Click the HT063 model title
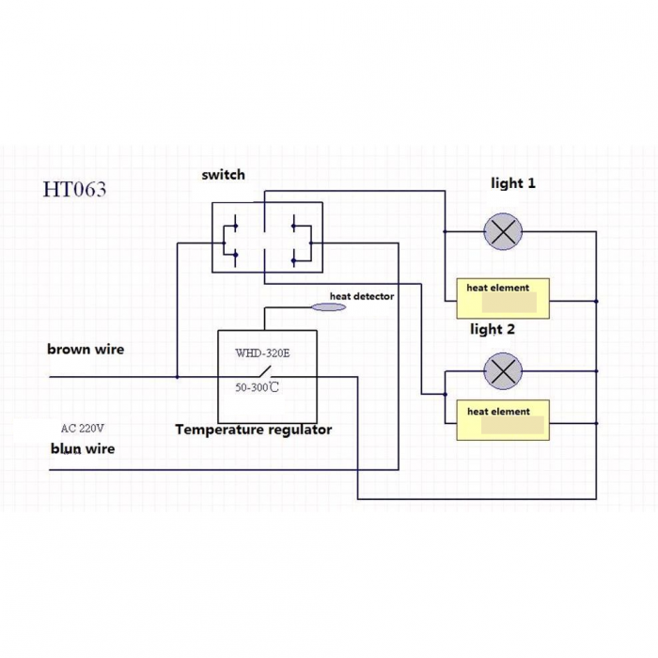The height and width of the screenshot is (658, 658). tap(74, 189)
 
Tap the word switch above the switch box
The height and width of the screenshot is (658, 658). tap(224, 175)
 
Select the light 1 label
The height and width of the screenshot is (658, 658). tap(513, 183)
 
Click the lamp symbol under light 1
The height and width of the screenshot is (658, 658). tap(503, 231)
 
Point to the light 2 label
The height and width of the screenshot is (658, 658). tap(493, 329)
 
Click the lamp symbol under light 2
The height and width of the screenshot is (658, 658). tap(503, 371)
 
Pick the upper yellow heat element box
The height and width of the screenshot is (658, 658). tap(503, 298)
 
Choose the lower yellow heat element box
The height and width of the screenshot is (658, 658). tap(503, 420)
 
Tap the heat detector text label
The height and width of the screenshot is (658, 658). tap(362, 296)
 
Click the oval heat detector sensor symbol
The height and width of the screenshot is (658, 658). tap(329, 307)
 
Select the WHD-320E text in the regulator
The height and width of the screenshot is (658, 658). tap(262, 352)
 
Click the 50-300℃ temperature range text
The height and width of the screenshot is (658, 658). tap(257, 387)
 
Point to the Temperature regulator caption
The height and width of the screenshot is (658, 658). tap(254, 430)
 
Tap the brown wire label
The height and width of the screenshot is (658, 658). tap(86, 349)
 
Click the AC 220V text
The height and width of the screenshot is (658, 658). tap(83, 428)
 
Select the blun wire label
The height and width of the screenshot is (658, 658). tap(83, 448)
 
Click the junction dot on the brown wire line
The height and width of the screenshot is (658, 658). tap(177, 377)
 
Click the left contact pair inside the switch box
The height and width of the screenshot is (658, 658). tap(230, 241)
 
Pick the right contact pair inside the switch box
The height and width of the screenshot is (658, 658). tap(302, 241)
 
